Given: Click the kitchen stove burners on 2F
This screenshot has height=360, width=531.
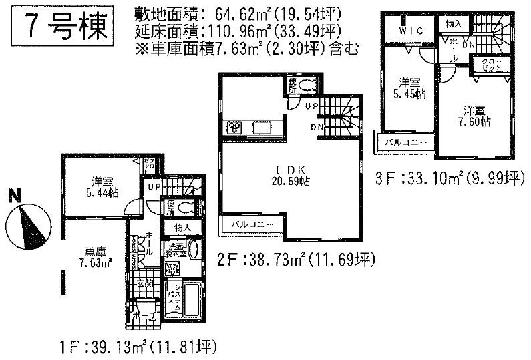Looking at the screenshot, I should point(235,127).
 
